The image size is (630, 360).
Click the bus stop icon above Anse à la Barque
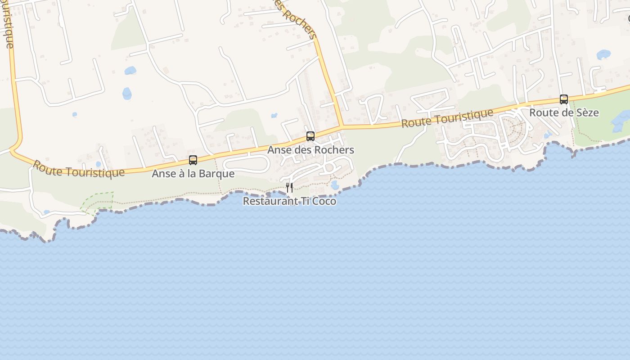(x=193, y=160)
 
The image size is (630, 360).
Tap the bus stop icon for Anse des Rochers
(x=310, y=136)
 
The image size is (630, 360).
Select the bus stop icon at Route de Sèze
(x=563, y=99)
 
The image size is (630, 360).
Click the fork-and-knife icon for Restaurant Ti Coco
(x=289, y=187)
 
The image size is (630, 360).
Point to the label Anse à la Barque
(x=193, y=174)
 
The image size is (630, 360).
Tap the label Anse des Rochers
(x=310, y=150)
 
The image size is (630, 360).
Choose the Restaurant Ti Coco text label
(x=289, y=201)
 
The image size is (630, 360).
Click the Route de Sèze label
(x=564, y=112)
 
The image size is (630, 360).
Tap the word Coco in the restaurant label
(x=324, y=201)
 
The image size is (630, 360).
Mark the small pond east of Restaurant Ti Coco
(x=334, y=184)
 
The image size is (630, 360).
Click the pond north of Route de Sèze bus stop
(x=603, y=54)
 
